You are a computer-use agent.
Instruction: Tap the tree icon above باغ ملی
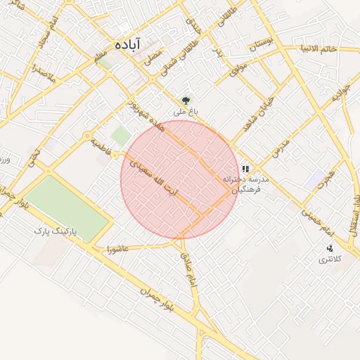(x=186, y=101)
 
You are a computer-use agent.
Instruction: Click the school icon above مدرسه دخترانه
(x=245, y=169)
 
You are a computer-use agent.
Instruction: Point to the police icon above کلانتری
(x=330, y=248)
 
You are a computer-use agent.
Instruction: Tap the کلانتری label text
(x=329, y=259)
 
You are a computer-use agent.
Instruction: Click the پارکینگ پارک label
(x=58, y=231)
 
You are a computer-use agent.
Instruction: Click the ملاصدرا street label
(x=42, y=71)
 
